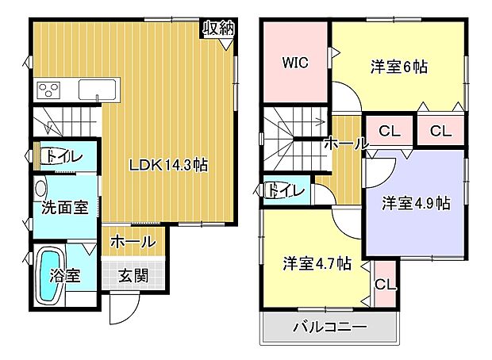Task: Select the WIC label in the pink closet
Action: [294, 62]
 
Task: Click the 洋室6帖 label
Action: [398, 67]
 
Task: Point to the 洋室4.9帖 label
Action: [416, 203]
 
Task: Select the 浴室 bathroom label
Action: [65, 276]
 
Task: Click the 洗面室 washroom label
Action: [64, 209]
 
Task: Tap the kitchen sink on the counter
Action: [98, 88]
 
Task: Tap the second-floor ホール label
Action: [346, 144]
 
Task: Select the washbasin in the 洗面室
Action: [41, 188]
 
